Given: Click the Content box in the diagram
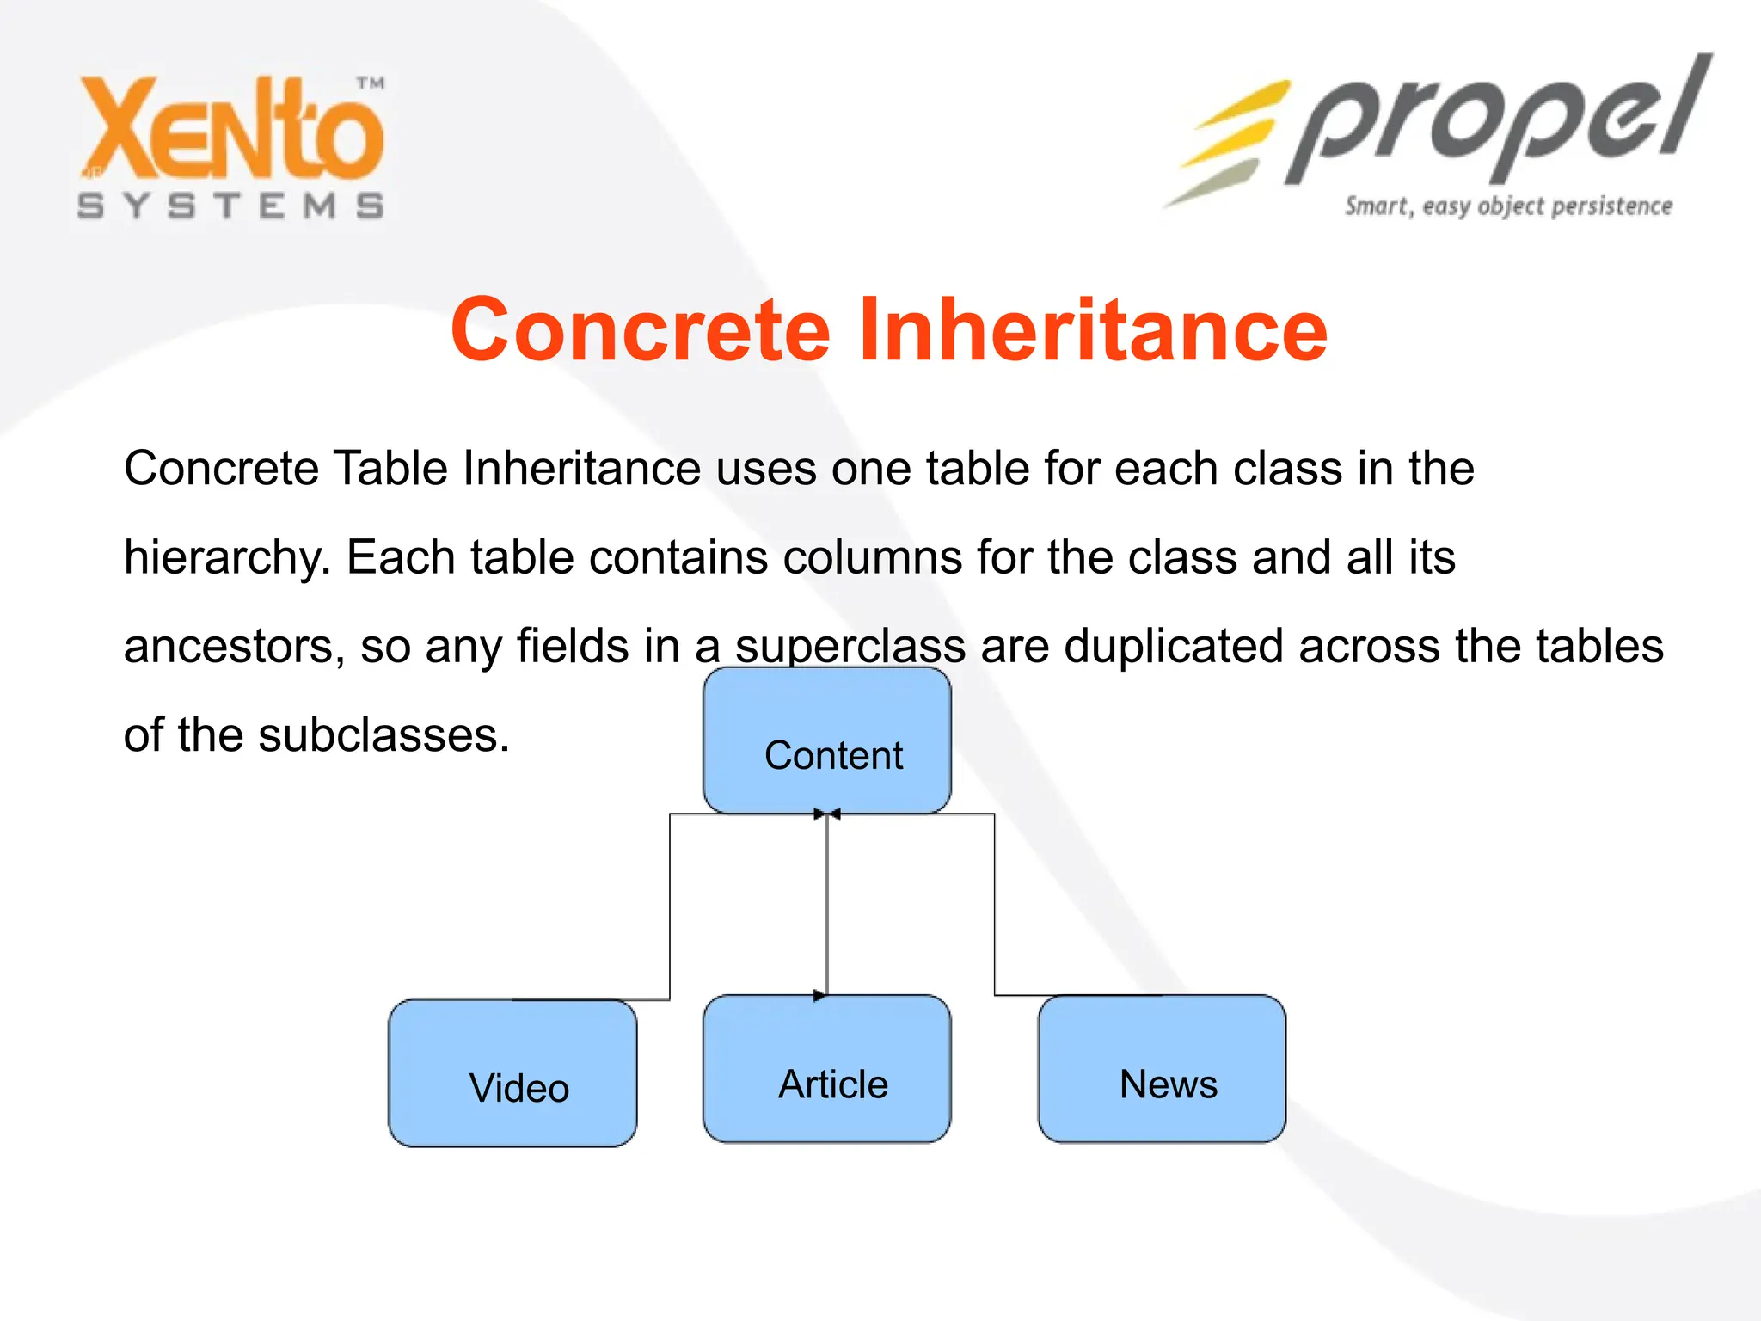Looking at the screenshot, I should coord(826,740).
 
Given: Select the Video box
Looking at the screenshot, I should coord(512,1072).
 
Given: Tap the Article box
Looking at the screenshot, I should coord(826,1069).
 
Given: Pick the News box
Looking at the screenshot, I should coord(1162,1069).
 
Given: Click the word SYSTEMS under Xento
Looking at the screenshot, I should coord(230,206).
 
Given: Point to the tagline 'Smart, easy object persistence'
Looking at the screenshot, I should coord(1508,206).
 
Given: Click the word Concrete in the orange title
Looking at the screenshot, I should coord(641,330).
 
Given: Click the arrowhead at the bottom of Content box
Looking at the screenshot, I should coord(826,814).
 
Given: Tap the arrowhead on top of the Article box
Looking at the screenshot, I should coord(819,996).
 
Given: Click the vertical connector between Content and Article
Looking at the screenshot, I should coord(827,903).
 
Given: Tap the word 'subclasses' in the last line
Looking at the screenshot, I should coord(383,735).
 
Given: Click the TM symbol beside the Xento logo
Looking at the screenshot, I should coord(371,83).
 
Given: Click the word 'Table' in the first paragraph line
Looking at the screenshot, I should coord(390,469).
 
